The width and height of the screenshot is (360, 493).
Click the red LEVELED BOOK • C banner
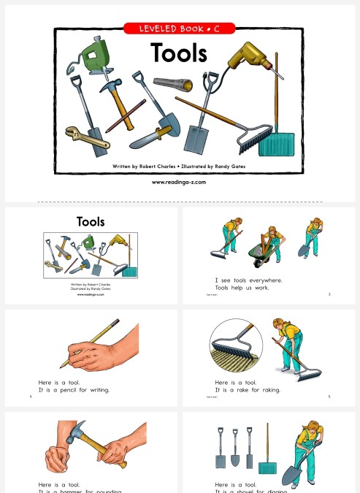pos(179,29)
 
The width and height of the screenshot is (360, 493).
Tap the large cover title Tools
pos(179,53)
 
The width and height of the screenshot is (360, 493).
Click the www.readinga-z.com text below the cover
pos(179,182)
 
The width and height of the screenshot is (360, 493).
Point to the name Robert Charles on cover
pos(158,167)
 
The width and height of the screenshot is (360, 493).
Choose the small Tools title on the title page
pos(91,221)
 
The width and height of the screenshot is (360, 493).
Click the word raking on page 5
pos(269,390)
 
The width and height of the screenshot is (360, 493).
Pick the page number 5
pos(330,397)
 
